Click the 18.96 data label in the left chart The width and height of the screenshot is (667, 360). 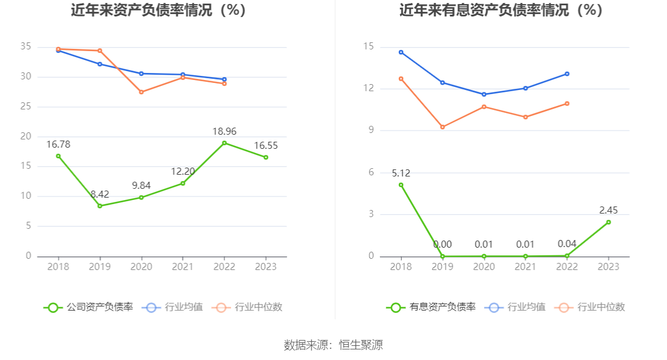pos(224,131)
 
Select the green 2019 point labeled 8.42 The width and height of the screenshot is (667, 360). pos(99,206)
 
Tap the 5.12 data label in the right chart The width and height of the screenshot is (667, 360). pos(401,173)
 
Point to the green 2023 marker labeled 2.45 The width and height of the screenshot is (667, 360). pos(608,222)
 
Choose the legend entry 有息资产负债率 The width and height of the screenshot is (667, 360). pos(432,307)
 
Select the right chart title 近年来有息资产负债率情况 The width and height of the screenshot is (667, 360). pos(502,11)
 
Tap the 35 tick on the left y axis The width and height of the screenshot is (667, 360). pos(25,47)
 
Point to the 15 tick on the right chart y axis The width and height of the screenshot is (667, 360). pos(369,47)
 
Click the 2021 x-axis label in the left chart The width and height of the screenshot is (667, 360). pos(183,266)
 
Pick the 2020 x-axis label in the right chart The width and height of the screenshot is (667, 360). pos(484,266)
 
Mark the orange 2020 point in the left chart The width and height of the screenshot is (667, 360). pos(141,92)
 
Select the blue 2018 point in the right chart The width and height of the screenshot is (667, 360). pos(401,52)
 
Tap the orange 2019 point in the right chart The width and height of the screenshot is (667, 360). pos(442,127)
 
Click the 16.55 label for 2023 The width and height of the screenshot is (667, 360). pos(266,145)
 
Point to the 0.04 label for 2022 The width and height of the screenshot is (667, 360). pos(567,244)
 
